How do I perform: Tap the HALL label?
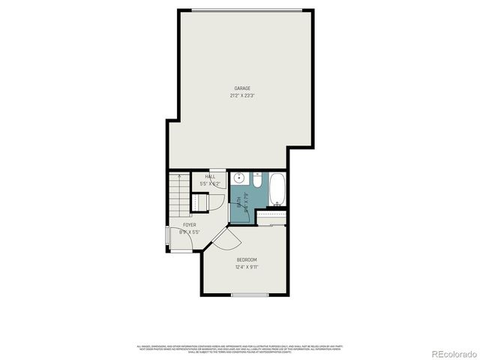(x=210, y=177)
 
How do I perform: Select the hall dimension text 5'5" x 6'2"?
(x=210, y=184)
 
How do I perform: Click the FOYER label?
(x=190, y=224)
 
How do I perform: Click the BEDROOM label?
(x=247, y=259)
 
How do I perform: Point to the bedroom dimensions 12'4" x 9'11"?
(x=247, y=266)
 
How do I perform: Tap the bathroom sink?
(x=238, y=179)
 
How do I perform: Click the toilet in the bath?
(x=256, y=181)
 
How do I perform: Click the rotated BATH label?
(x=240, y=201)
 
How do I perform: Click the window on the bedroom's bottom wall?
(x=249, y=295)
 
